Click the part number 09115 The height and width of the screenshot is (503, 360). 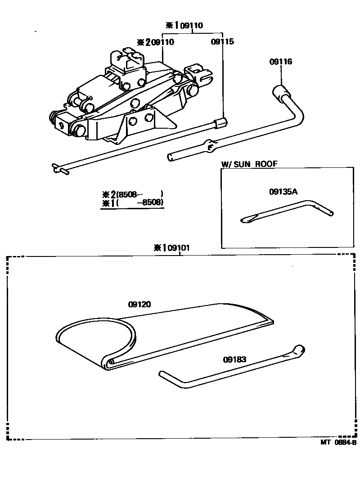point(222,42)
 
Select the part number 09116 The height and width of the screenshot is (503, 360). point(281,62)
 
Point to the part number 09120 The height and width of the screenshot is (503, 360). point(139,304)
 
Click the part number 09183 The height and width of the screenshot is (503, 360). point(234,359)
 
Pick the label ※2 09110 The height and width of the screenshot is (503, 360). point(156,42)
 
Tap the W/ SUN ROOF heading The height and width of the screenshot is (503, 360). point(249,164)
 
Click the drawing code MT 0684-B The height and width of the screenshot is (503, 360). point(338,442)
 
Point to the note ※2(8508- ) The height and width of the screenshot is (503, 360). point(133,194)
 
